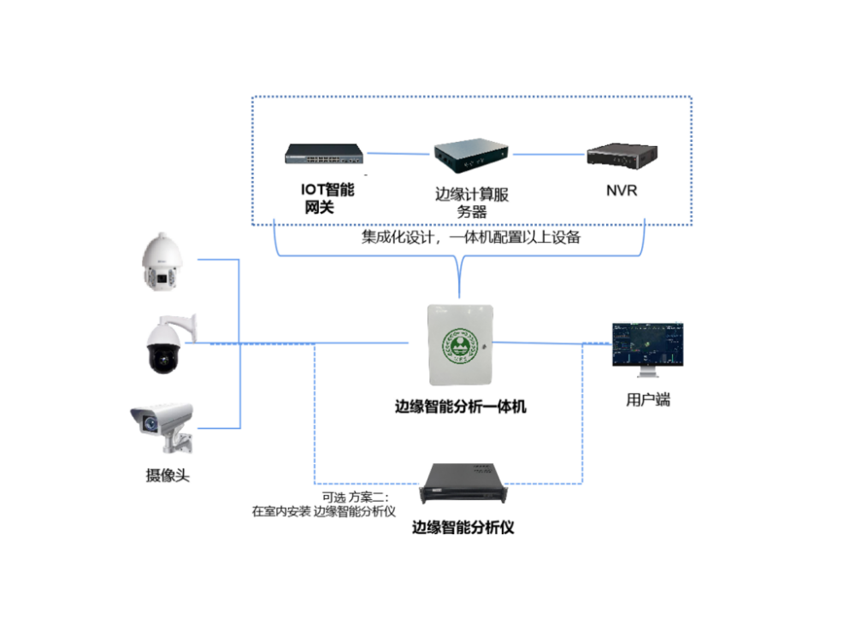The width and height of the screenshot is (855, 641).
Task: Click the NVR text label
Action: [622, 191]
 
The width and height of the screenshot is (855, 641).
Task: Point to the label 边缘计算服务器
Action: [472, 203]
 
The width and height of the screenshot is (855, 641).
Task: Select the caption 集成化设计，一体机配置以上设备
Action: [470, 238]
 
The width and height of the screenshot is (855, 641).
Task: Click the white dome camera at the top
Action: [163, 261]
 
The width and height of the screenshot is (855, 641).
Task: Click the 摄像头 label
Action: [168, 475]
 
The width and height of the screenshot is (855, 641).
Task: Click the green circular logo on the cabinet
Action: [460, 346]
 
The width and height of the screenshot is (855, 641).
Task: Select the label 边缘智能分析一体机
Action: [461, 407]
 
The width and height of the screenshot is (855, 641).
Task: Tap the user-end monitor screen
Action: [647, 343]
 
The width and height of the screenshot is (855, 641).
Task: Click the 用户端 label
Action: [648, 399]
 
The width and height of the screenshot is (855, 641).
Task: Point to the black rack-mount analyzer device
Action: [462, 484]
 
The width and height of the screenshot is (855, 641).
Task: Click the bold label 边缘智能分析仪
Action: [463, 527]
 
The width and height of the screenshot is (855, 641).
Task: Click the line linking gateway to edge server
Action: [398, 155]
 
